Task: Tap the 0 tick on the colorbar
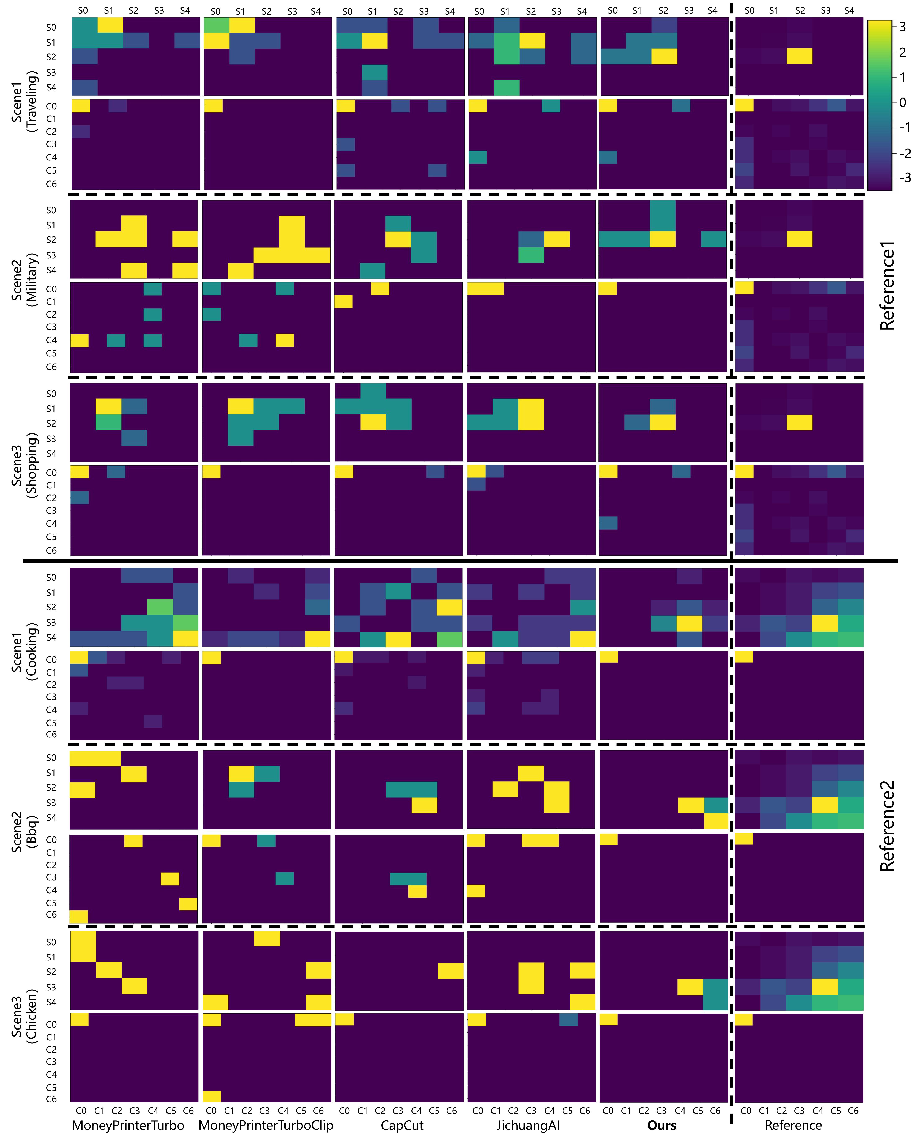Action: pyautogui.click(x=903, y=102)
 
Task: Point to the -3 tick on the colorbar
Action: pyautogui.click(x=904, y=177)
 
